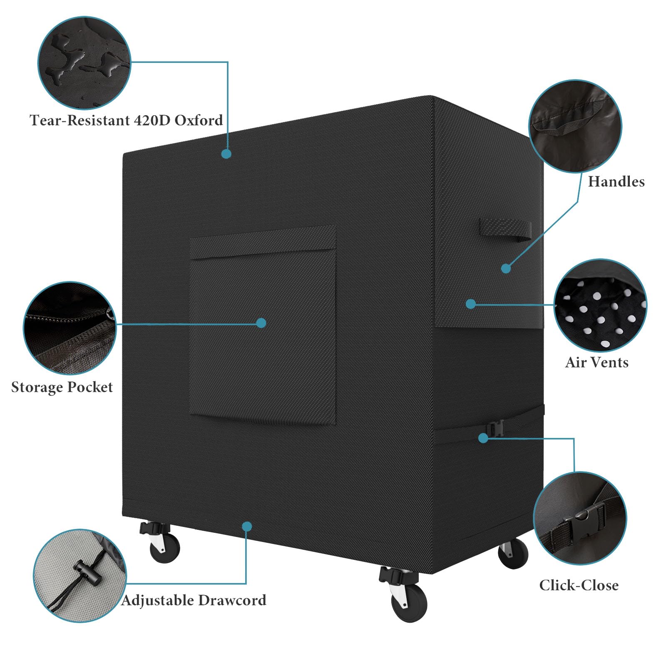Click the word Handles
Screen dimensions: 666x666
pos(616,181)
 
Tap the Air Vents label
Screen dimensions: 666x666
pos(596,362)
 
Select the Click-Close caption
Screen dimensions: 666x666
pos(579,585)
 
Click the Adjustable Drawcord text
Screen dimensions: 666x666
pos(194,600)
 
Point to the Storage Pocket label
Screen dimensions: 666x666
pos(62,387)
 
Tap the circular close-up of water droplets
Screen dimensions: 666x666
pos(84,63)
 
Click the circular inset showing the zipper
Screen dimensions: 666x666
pos(70,328)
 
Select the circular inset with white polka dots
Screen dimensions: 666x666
pos(600,306)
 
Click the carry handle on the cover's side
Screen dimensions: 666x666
pos(505,230)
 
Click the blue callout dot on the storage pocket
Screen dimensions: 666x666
pos(261,323)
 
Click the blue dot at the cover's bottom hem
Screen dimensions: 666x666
pos(247,527)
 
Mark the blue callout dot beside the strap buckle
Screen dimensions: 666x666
pos(483,438)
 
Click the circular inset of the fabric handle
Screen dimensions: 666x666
pos(575,126)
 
